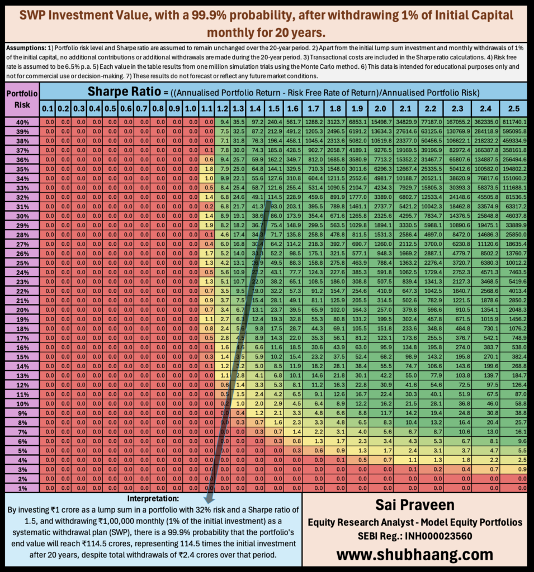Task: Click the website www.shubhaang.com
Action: pyautogui.click(x=414, y=554)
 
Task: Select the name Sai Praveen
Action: pyautogui.click(x=414, y=506)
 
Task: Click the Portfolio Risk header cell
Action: pyautogui.click(x=21, y=98)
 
